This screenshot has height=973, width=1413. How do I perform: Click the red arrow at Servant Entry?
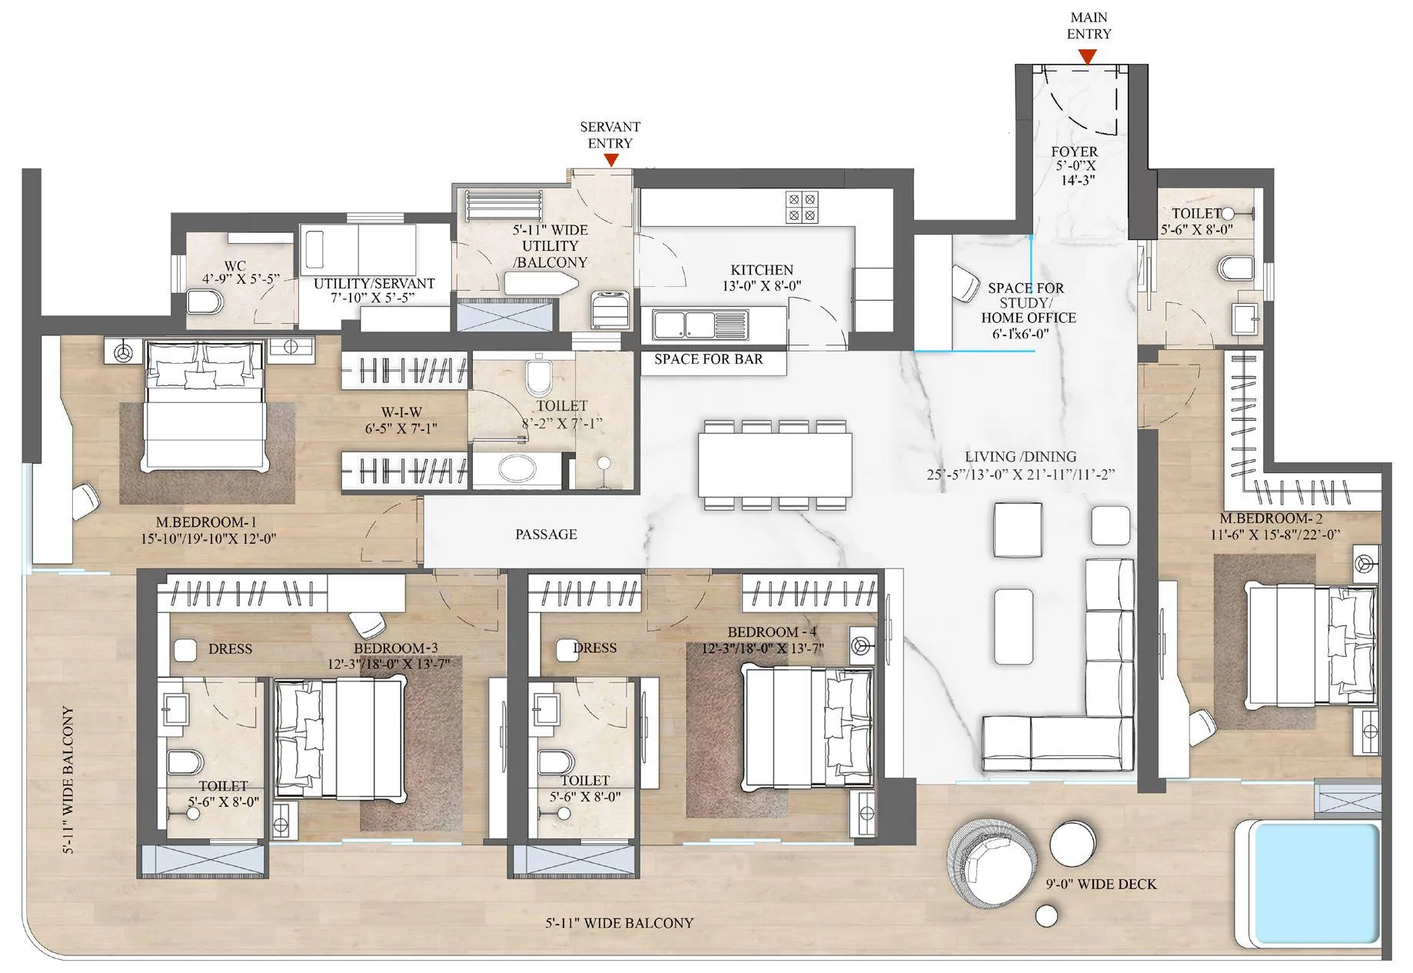pos(611,160)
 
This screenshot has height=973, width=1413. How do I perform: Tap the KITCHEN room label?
pos(762,270)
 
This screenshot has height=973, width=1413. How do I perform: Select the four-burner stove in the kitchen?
pos(802,207)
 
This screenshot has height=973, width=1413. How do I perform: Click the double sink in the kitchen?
pos(700,324)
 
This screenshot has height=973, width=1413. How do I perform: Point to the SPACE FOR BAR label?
pos(708,359)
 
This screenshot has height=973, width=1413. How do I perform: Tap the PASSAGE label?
pos(546,534)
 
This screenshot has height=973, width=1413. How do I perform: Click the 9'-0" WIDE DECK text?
pos(1101,885)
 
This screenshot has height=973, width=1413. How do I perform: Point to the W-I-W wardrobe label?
pos(401,413)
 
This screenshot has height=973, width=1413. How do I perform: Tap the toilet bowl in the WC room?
pos(205,302)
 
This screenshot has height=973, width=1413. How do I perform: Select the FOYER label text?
pos(1074,152)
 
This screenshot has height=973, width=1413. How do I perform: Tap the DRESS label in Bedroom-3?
pos(230,649)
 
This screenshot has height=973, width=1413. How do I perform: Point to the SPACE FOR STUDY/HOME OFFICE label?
pos(1026,303)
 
